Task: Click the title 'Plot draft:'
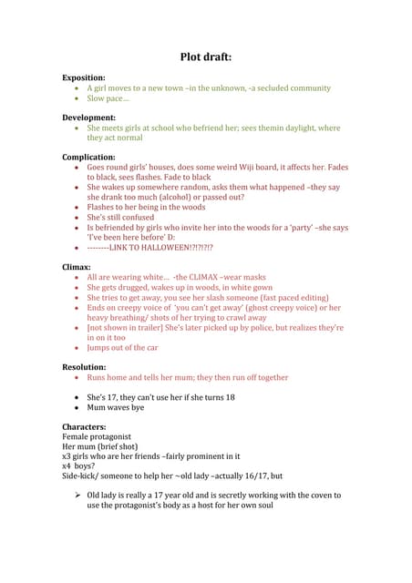pos(205,56)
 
